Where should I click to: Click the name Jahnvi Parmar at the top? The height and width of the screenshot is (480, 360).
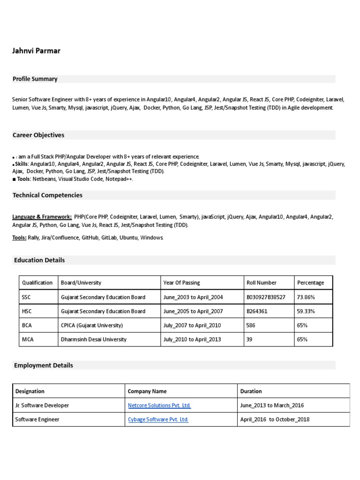[x=36, y=50]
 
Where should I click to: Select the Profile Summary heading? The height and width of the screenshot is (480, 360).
[x=35, y=79]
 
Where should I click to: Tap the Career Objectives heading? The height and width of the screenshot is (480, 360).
[x=38, y=135]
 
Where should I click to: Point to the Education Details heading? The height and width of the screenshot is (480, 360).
[x=39, y=260]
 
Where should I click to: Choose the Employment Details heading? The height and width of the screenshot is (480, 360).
[x=43, y=365]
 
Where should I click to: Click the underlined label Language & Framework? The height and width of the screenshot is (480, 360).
[x=42, y=217]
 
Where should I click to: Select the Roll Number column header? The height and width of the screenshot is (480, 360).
[x=261, y=283]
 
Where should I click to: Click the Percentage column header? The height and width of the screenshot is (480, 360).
[x=310, y=283]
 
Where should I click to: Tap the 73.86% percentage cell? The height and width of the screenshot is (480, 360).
[x=306, y=297]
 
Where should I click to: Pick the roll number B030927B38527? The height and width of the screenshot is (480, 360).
[x=265, y=297]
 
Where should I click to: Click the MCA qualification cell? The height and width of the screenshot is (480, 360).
[x=28, y=339]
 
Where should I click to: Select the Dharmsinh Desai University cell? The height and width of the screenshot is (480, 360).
[x=94, y=339]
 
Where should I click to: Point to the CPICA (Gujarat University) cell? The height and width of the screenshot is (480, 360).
[x=92, y=325]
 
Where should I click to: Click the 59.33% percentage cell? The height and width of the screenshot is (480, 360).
[x=306, y=311]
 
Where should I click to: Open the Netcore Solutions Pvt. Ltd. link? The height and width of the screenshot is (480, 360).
[x=159, y=405]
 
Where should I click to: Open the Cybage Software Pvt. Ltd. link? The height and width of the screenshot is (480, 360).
[x=157, y=420]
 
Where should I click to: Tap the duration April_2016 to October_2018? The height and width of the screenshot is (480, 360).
[x=275, y=420]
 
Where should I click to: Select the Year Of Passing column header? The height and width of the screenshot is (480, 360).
[x=181, y=283]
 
